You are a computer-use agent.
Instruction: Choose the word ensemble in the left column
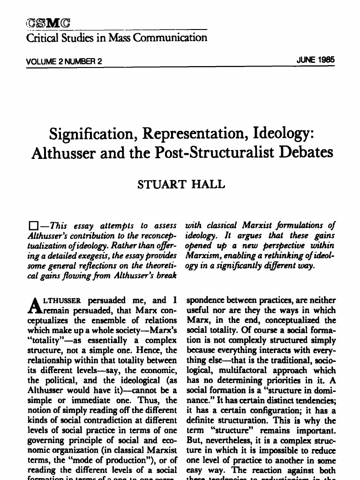coord(92,321)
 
